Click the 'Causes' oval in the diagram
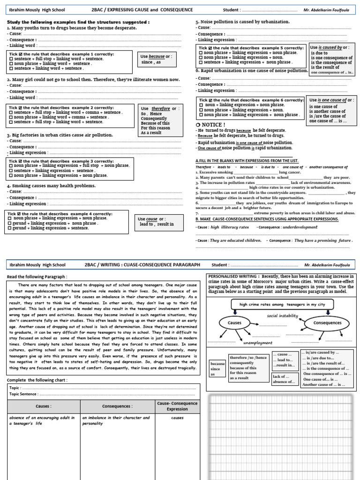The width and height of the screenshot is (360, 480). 234,323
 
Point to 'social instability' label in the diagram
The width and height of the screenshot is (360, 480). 282,315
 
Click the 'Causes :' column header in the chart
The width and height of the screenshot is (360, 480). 43,406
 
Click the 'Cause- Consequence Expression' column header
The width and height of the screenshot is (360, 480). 177,406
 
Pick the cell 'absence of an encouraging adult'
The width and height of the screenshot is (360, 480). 43,420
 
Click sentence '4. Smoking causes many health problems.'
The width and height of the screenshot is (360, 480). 51,186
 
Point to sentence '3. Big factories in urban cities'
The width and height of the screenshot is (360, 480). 60,135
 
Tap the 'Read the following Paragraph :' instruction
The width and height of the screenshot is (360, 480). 37,277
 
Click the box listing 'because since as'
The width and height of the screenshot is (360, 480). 217,368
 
